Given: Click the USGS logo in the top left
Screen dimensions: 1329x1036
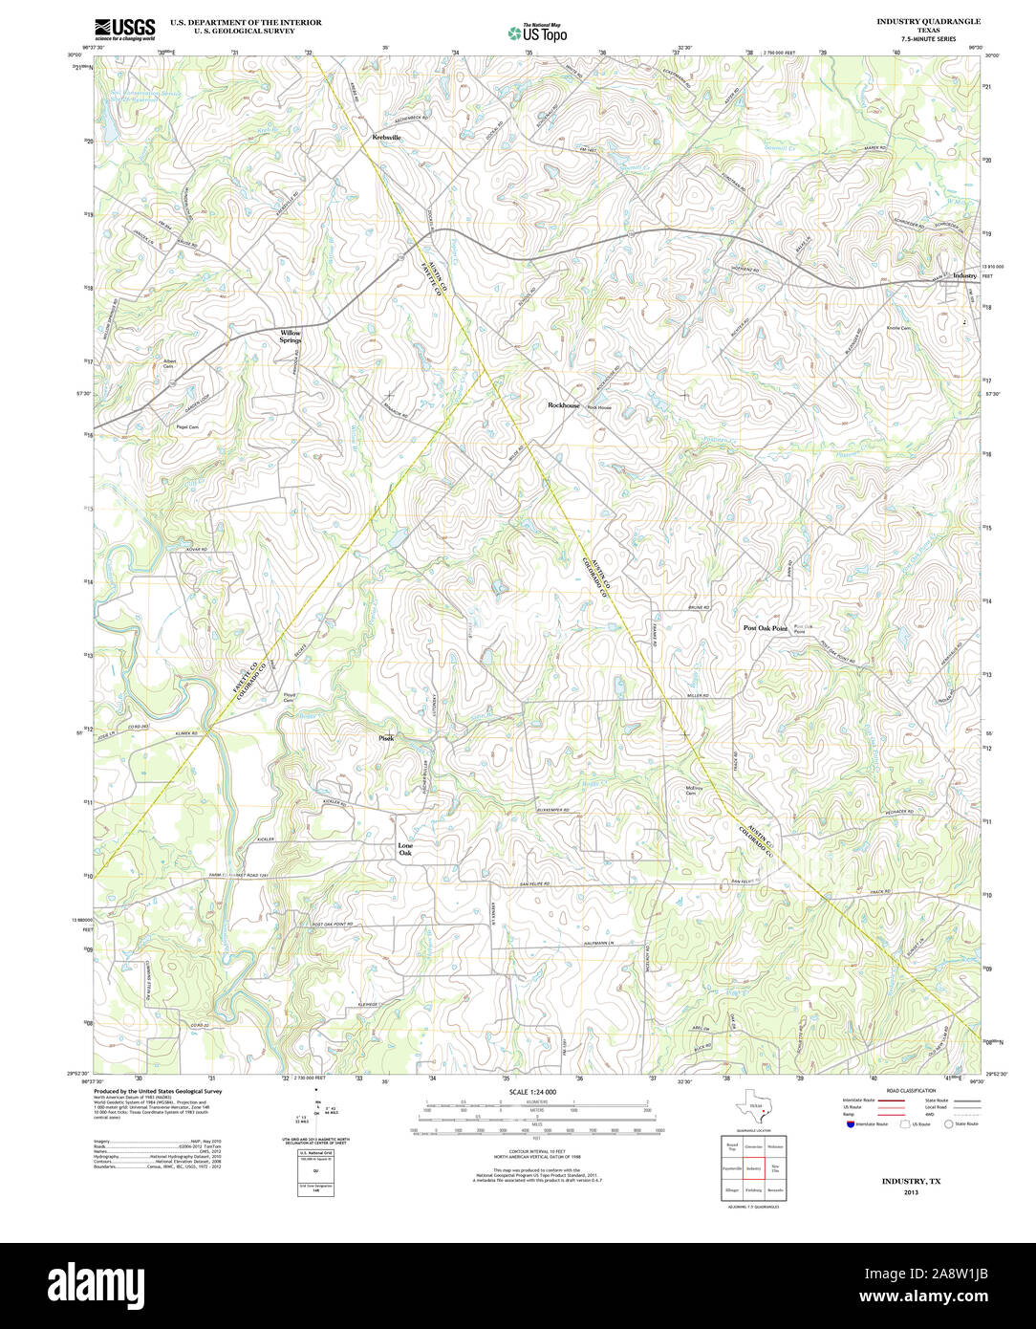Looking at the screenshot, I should point(124,28).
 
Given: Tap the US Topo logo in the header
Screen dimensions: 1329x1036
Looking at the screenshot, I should point(538,32).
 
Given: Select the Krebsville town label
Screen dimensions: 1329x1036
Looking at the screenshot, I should point(387,138).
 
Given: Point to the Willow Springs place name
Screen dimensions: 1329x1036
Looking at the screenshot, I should point(290,337).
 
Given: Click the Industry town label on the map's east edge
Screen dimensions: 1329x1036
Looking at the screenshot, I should point(964,275).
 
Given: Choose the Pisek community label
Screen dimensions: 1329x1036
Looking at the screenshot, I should point(386,738).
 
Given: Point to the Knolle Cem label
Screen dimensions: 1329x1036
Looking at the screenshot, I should point(899,328).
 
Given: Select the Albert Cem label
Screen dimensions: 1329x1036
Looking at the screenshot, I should point(169,363).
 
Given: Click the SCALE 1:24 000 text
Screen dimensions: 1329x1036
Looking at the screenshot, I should point(533,1092).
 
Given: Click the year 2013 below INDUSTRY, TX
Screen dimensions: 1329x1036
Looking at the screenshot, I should point(910,1192).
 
